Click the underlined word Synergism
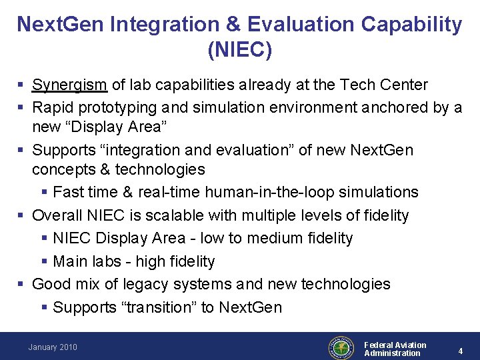[70, 85]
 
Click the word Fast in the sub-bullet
[67, 193]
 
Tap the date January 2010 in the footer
[53, 347]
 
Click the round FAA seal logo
[341, 347]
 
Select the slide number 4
[460, 350]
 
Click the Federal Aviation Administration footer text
[395, 349]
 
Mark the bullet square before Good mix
[22, 285]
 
